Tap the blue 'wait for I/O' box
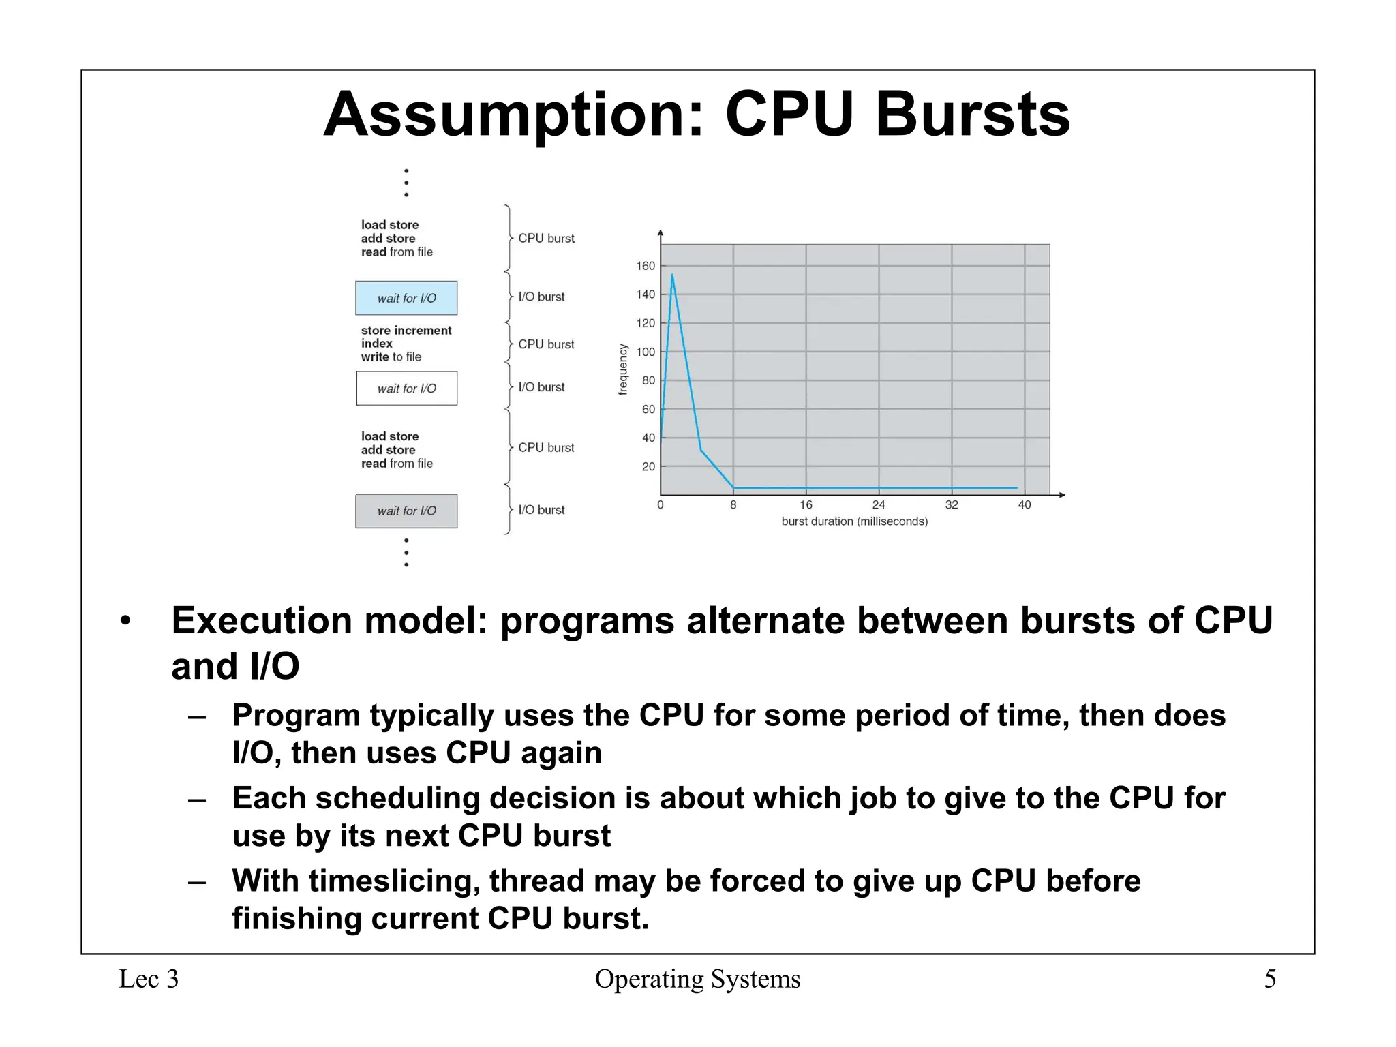click(x=406, y=298)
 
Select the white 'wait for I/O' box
click(x=406, y=389)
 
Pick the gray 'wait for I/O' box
click(x=406, y=511)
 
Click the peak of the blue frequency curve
click(x=672, y=275)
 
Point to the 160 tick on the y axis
click(x=645, y=266)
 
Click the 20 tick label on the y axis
click(x=648, y=467)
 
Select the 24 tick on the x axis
click(x=879, y=505)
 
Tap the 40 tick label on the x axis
click(x=1024, y=505)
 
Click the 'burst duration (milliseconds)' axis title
click(x=854, y=521)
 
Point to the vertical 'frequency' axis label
click(x=622, y=369)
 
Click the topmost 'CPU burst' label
click(x=546, y=239)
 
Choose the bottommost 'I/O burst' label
click(x=541, y=510)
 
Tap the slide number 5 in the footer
click(x=1270, y=980)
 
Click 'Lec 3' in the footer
click(x=149, y=980)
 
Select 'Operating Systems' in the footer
click(x=697, y=980)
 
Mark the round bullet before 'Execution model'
click(x=125, y=621)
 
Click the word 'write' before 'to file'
click(x=374, y=357)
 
